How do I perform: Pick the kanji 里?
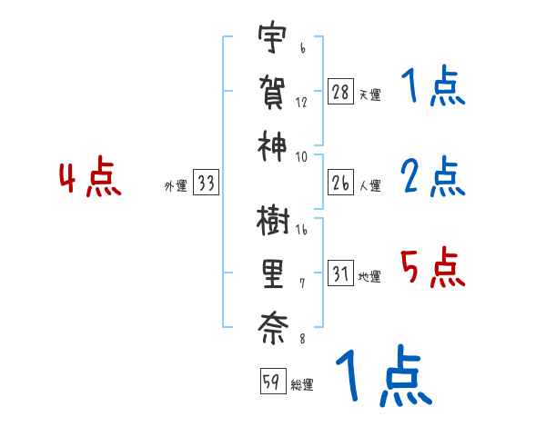coord(272,272)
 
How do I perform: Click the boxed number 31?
coord(341,275)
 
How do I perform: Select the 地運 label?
coord(369,277)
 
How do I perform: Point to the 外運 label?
coord(175,186)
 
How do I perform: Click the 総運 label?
coord(302,384)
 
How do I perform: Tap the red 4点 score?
coord(89,179)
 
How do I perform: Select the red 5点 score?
coord(432,268)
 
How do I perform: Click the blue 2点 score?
coord(432,177)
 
